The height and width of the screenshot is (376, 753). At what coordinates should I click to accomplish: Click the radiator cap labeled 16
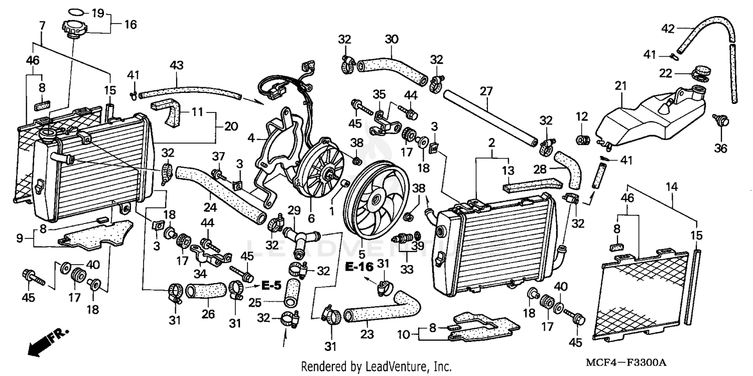(x=74, y=28)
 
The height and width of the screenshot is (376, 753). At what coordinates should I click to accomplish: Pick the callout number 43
(x=177, y=65)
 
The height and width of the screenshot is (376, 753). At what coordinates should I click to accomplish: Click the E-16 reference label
(x=359, y=266)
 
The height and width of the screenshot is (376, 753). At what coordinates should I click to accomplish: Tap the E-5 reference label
(x=272, y=285)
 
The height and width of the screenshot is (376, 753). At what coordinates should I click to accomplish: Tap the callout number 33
(x=407, y=270)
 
